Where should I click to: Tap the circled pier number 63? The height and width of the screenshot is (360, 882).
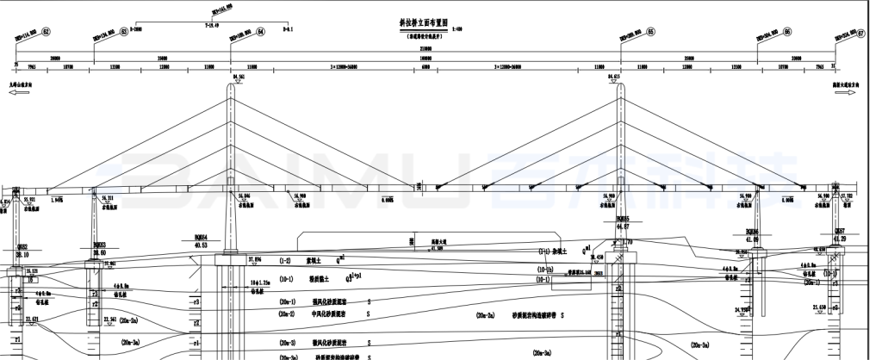124,32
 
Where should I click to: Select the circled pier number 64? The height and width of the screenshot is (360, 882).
262,31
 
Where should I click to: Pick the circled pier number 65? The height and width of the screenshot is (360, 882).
650,31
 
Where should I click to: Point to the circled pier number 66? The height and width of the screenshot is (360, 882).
787,31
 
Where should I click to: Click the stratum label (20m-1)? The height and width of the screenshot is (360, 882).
287,302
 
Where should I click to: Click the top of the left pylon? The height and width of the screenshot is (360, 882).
231,84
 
